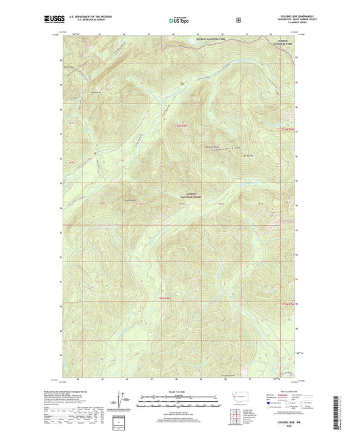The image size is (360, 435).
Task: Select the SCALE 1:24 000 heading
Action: tap(179, 392)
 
